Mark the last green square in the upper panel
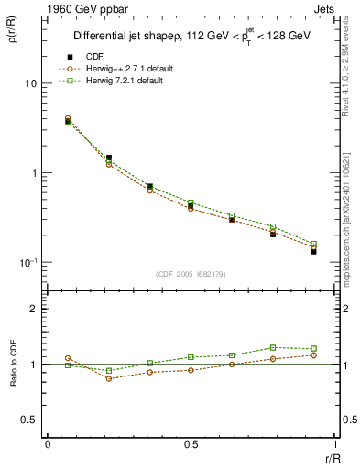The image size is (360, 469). [313, 245]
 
